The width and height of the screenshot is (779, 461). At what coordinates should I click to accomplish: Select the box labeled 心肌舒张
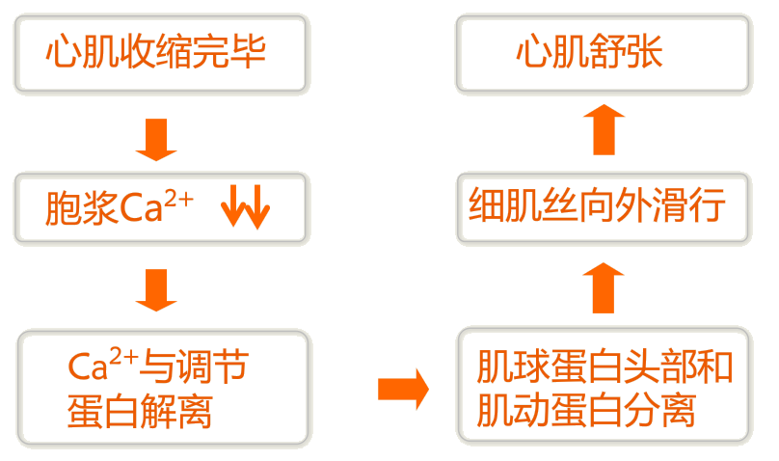(x=604, y=52)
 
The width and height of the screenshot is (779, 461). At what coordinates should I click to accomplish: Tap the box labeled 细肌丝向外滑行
(x=604, y=206)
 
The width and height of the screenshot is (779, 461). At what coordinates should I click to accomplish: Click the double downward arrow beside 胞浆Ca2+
(x=246, y=206)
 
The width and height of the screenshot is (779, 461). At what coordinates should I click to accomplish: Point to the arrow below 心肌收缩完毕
(x=156, y=138)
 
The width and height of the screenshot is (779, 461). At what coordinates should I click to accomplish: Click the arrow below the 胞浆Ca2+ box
(x=156, y=289)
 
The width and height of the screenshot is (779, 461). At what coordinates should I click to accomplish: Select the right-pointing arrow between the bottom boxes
(x=402, y=389)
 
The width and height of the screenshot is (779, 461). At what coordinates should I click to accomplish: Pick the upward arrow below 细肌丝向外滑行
(x=604, y=286)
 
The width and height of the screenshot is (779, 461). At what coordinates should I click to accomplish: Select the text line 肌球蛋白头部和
(x=604, y=367)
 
